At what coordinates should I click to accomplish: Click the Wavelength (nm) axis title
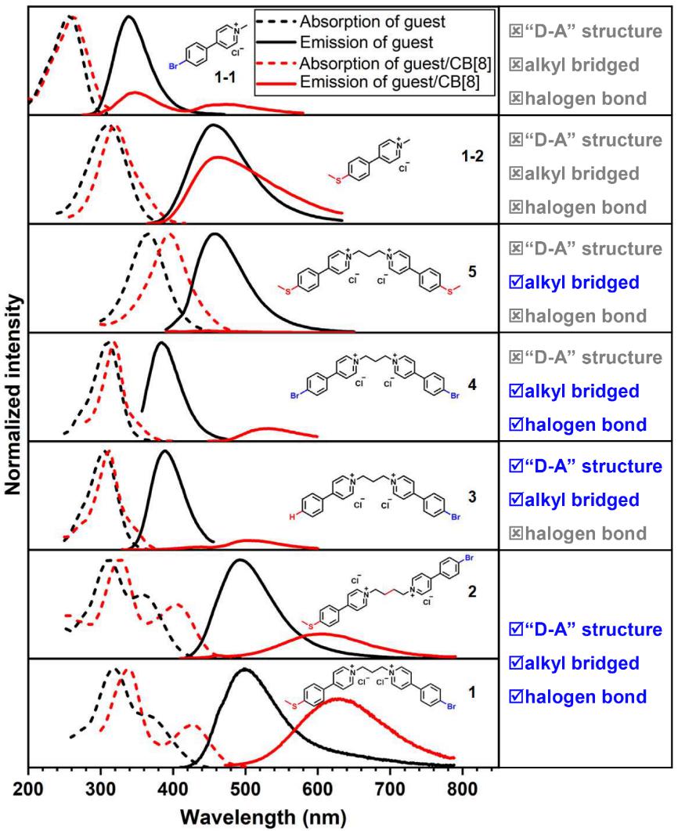click(x=263, y=817)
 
